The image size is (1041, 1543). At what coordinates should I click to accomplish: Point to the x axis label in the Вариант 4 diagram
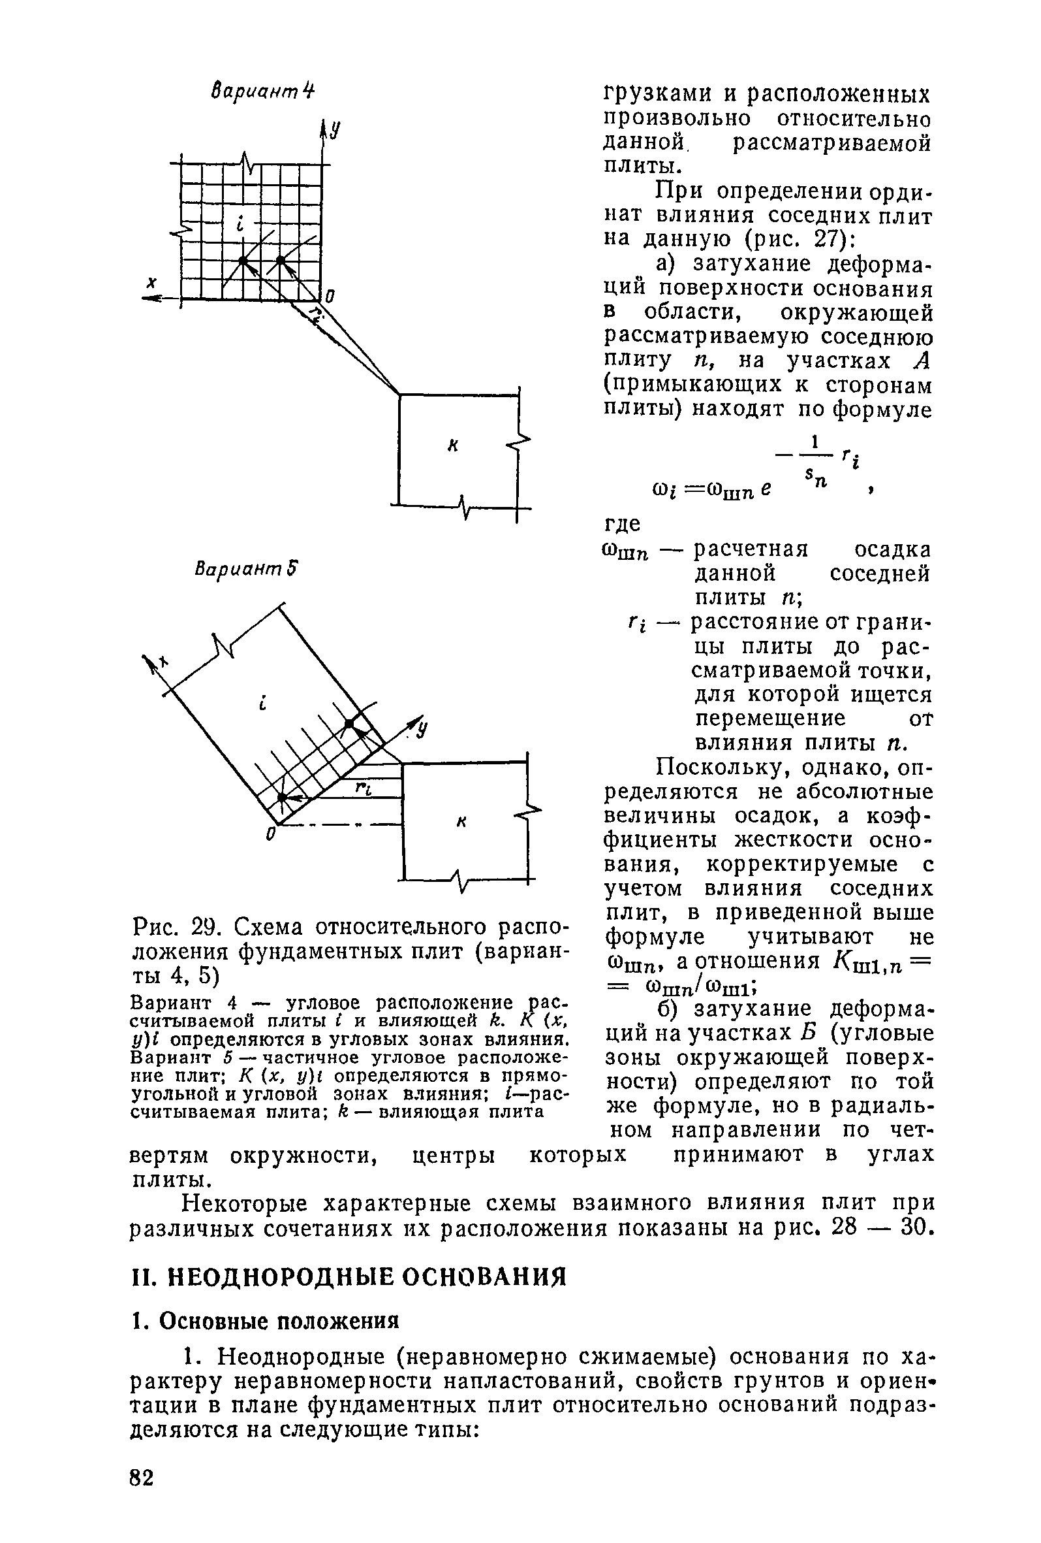click(152, 283)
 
